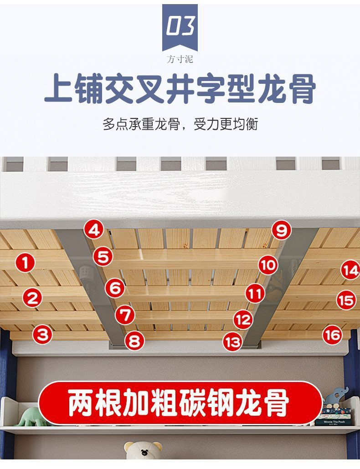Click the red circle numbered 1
pos(25,262)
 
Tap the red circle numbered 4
pos(94,229)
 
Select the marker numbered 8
pos(134,341)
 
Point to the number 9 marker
pos(282,230)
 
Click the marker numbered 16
pos(333,335)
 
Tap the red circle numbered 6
pos(115,288)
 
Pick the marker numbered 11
pos(255,294)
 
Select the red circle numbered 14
pos(350,271)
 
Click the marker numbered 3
pos(42,335)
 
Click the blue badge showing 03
pos(180,27)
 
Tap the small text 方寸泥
pos(180,60)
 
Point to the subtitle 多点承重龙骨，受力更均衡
pos(180,124)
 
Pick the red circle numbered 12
pos(243,320)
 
